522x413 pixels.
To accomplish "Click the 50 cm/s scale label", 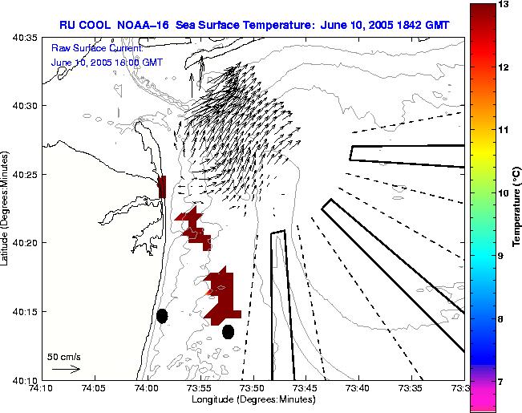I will click(x=64, y=356).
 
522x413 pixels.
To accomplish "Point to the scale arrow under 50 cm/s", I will click(x=66, y=369).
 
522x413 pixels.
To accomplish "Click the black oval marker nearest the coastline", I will click(x=162, y=316).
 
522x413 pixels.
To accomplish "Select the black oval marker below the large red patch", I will click(x=228, y=331).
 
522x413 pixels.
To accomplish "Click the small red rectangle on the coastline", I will click(x=162, y=187).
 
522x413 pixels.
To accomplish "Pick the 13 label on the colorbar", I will click(x=504, y=5).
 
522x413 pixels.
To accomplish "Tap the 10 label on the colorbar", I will click(x=504, y=193).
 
